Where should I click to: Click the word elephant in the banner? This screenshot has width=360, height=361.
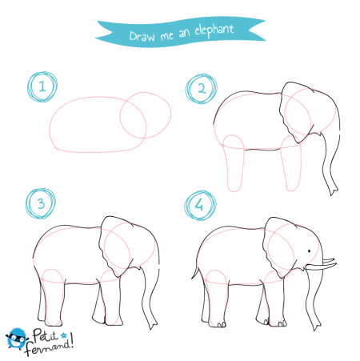(214, 30)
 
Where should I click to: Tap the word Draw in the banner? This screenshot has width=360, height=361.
(142, 36)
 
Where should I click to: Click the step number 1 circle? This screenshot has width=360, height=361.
(42, 86)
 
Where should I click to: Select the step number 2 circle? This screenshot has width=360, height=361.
(202, 89)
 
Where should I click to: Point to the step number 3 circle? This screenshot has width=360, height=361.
(41, 203)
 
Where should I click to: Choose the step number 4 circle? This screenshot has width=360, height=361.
(200, 205)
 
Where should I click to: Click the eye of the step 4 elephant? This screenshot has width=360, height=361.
(310, 251)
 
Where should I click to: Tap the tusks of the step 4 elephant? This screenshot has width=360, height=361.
(321, 264)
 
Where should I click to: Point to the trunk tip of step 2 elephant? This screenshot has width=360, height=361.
(334, 191)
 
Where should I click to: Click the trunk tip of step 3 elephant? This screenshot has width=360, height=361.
(153, 326)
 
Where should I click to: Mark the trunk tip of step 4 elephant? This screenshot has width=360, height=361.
(317, 327)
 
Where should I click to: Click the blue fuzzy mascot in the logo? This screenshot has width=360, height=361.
(17, 339)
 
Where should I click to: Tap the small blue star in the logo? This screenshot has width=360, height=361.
(63, 335)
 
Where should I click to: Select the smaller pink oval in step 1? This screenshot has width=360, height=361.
(146, 115)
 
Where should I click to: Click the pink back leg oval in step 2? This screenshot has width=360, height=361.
(234, 163)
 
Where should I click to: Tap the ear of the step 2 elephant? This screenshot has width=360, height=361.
(297, 112)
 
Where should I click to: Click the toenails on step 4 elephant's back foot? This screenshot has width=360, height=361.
(222, 325)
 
